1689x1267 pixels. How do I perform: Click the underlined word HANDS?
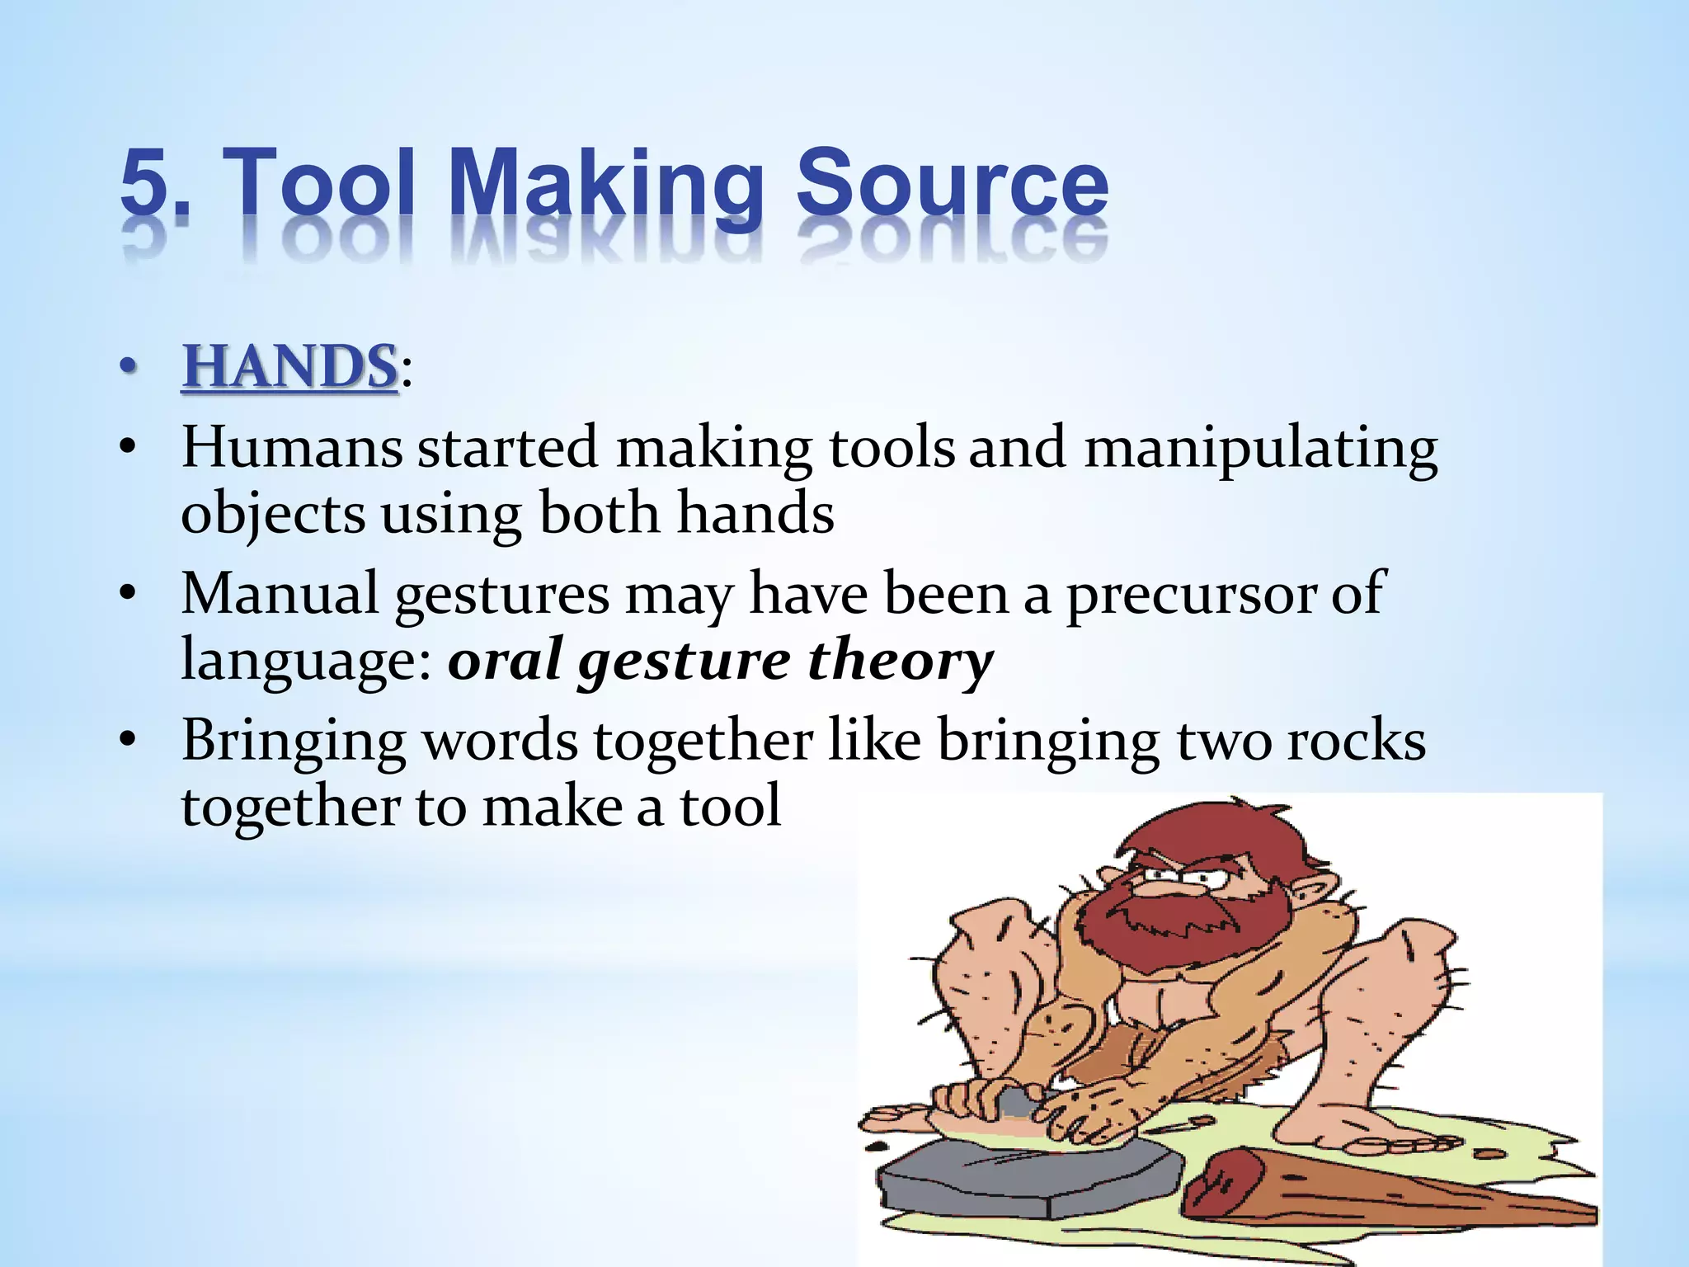289,366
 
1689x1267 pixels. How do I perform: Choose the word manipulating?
1260,450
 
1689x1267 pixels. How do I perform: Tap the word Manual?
280,593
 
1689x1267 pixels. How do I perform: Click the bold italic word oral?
503,659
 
